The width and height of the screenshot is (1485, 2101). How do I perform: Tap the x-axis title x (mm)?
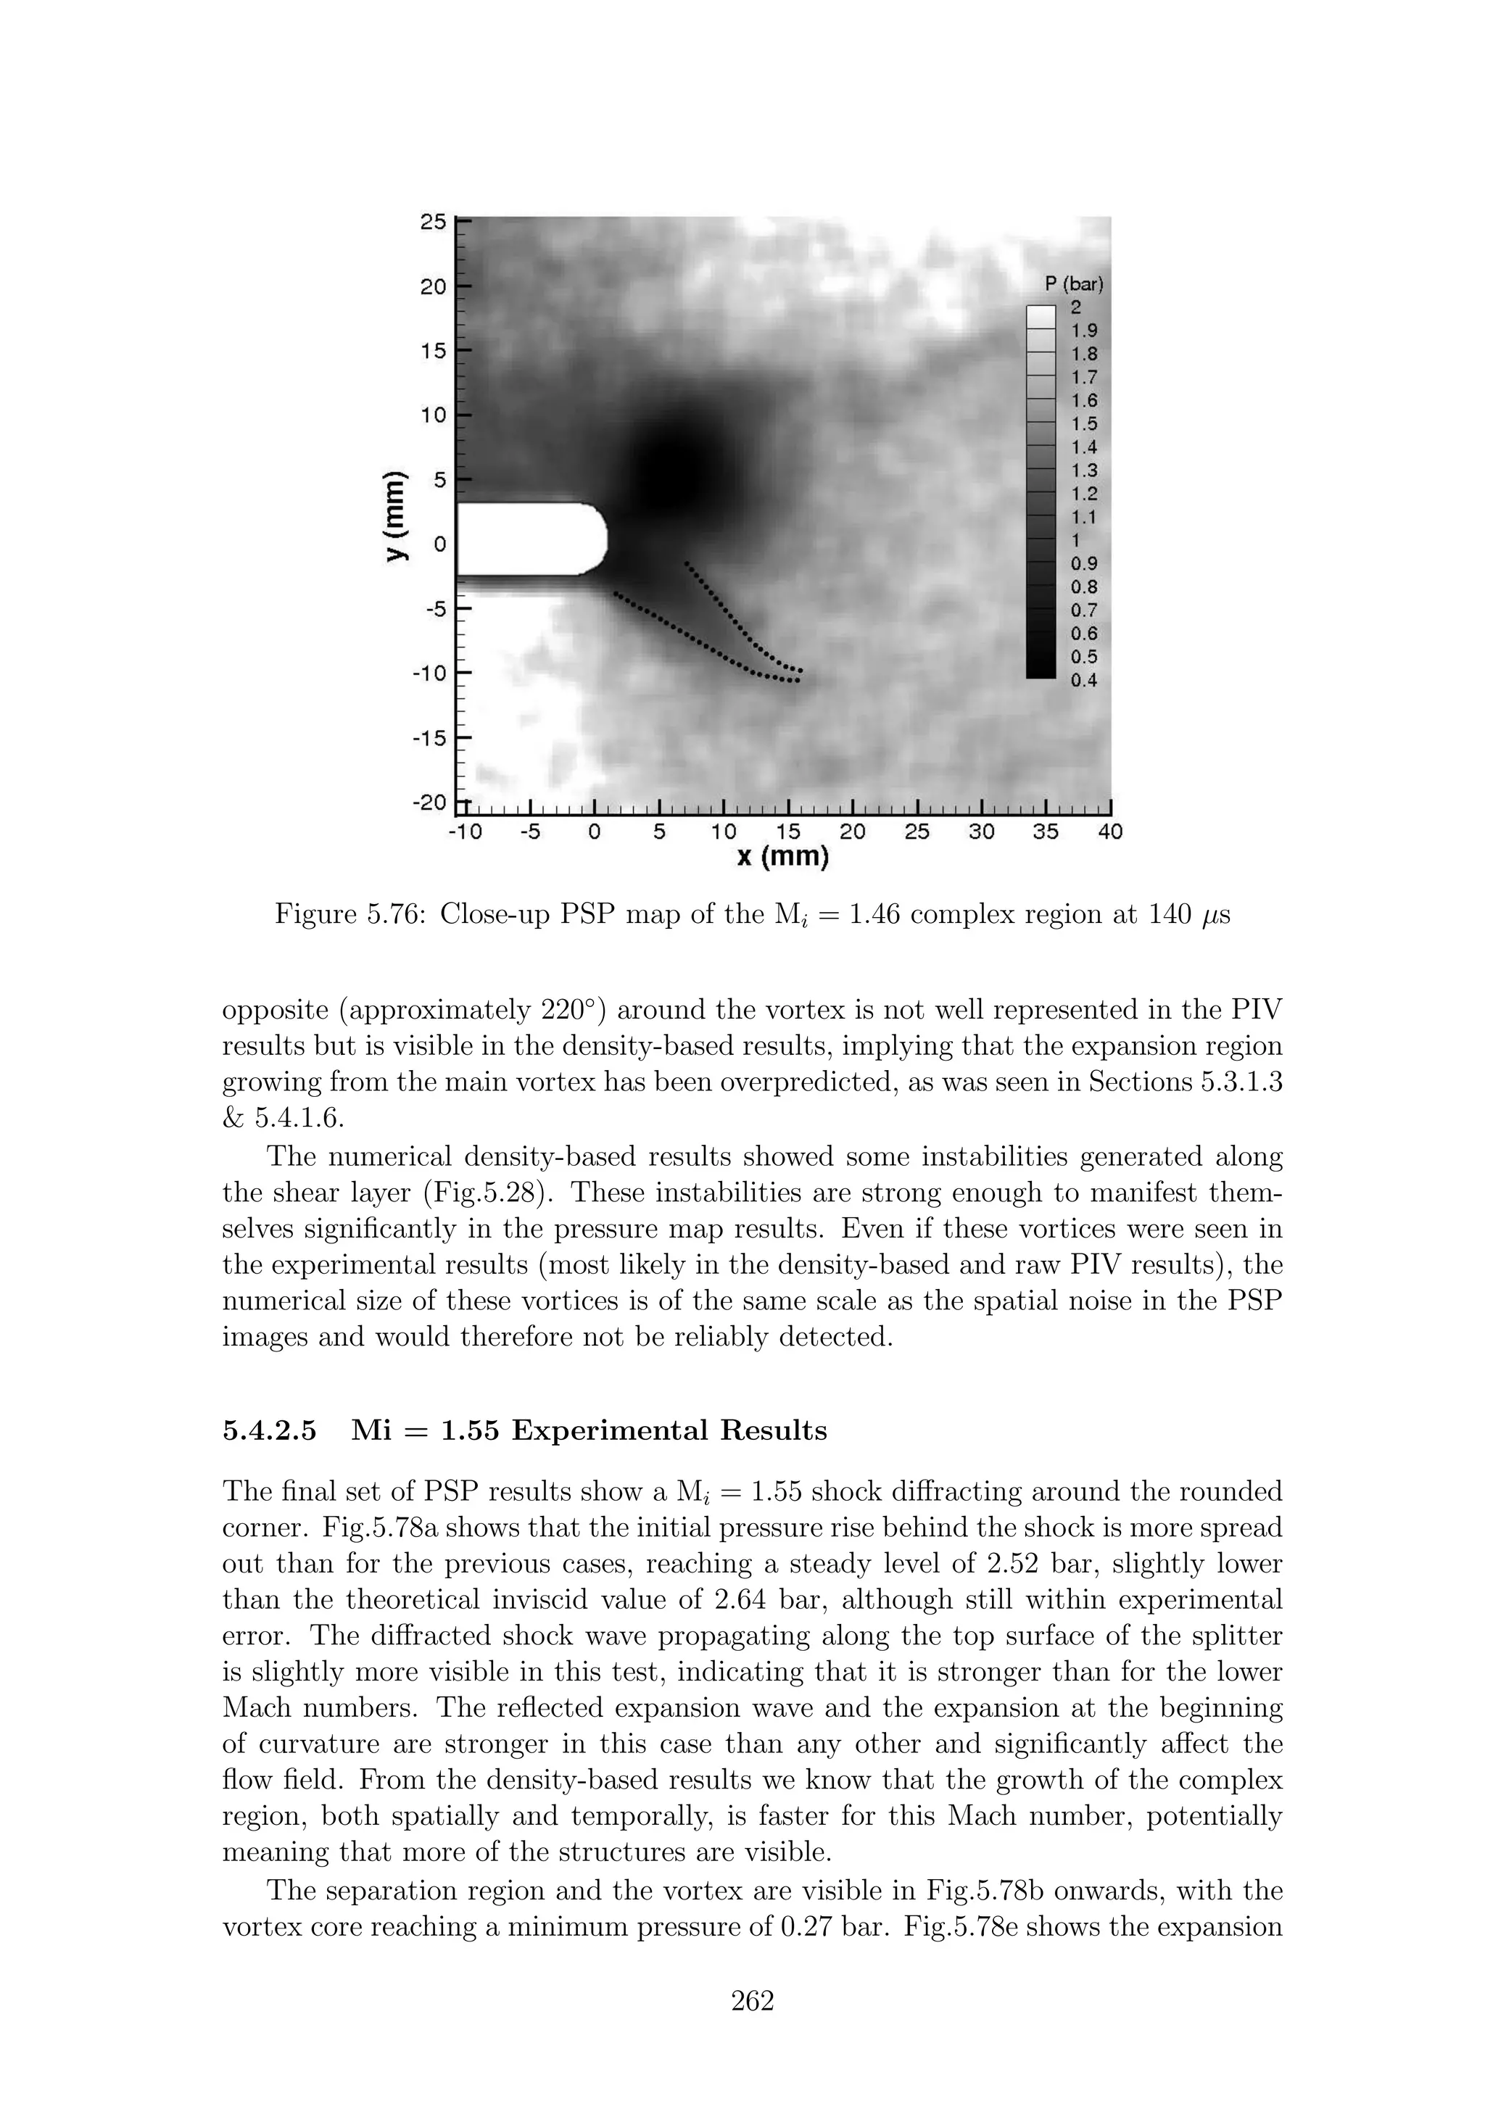pyautogui.click(x=782, y=858)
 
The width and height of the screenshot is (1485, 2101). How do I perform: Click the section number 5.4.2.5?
pyautogui.click(x=270, y=1430)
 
